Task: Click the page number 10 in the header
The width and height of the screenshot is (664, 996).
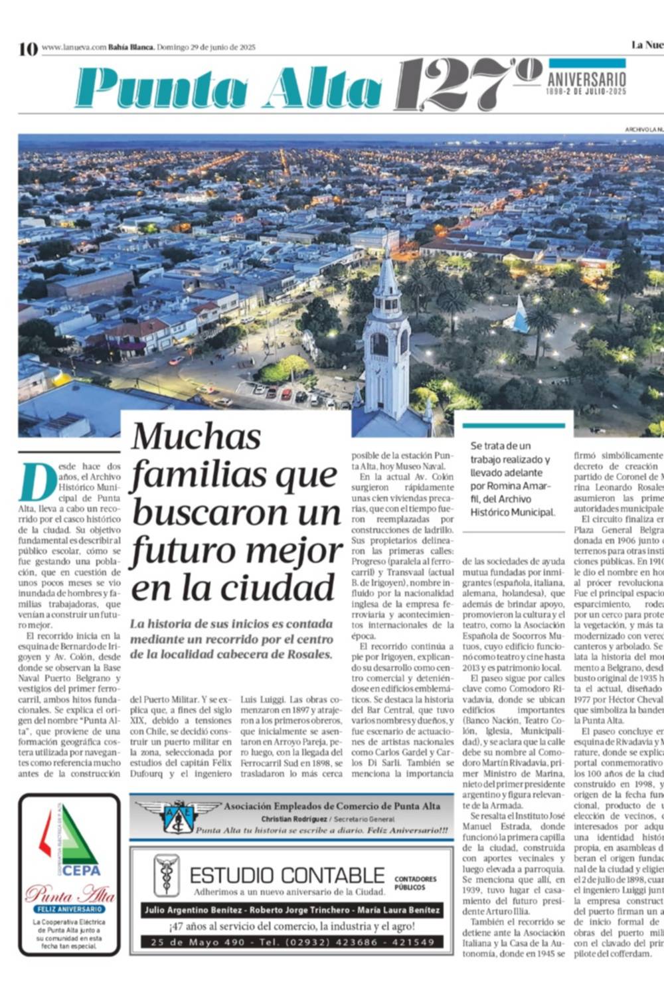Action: (x=28, y=48)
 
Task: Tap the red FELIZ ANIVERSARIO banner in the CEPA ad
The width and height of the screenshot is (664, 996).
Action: (x=70, y=909)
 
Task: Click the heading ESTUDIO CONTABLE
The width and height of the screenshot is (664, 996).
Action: (x=287, y=874)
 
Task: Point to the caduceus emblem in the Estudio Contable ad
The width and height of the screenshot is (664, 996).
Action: (x=166, y=875)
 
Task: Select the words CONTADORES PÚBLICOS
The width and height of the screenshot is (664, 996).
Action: (x=415, y=882)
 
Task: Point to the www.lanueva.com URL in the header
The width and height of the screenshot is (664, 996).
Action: (x=74, y=47)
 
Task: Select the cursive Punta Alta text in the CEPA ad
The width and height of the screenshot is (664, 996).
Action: (x=70, y=894)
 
